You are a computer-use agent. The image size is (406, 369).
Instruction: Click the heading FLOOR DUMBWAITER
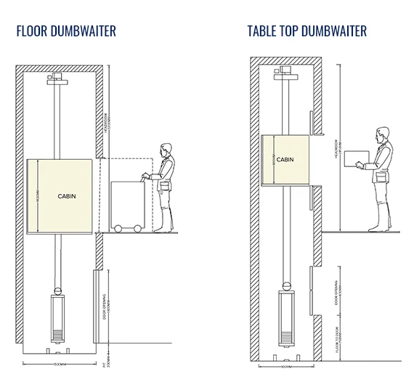click(65, 31)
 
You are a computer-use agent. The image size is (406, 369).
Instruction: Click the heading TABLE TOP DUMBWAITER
click(306, 31)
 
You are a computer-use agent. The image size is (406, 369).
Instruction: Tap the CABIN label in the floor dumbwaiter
click(67, 196)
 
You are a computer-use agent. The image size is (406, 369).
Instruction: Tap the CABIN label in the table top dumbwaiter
click(285, 159)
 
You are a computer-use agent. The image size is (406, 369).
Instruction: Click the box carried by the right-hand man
click(356, 160)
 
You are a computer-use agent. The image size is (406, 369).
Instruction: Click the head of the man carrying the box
click(381, 134)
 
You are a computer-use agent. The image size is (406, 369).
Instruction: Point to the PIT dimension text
click(107, 352)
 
